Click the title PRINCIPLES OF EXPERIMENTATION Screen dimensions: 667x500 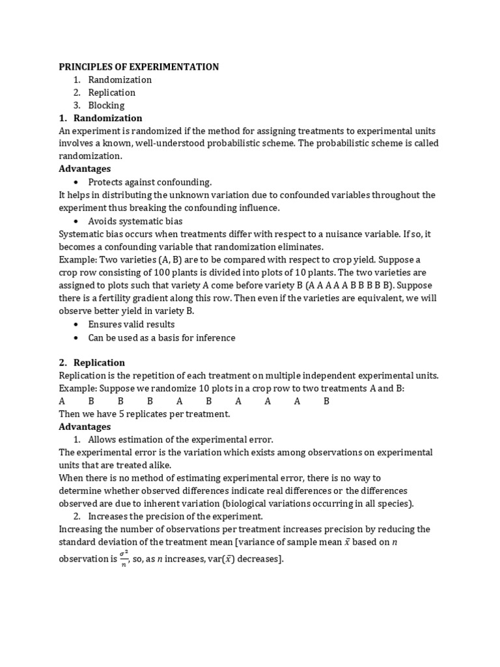coord(139,67)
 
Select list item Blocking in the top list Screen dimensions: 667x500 coord(106,106)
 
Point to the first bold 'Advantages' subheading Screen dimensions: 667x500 coord(85,169)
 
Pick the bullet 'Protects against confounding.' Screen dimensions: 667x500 coord(150,182)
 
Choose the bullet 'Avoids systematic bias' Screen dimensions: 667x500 coord(135,221)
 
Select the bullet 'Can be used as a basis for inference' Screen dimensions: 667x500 coord(161,337)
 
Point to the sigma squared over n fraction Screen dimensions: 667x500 coord(123,558)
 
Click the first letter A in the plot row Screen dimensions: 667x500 coord(62,401)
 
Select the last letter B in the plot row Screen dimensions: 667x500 coord(326,401)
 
